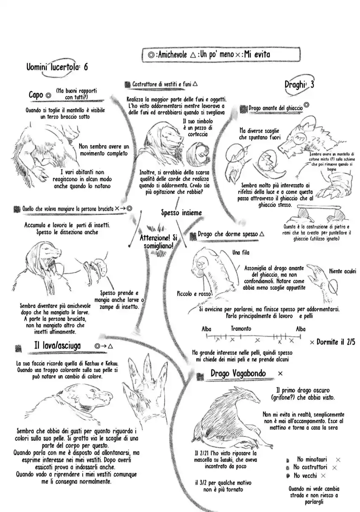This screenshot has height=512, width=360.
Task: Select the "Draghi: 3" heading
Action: coord(299,84)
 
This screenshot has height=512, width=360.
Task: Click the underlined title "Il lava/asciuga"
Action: coord(57,346)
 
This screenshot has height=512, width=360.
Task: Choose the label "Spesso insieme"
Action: coord(182,212)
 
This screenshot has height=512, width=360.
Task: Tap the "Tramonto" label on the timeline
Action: coord(241,329)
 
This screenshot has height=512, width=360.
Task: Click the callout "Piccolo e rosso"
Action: coord(195,294)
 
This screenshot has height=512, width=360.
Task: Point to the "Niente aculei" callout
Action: coord(344,271)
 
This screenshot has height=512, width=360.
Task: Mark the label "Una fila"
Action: coord(241,253)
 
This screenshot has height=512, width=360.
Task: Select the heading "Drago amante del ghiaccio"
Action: coord(275,108)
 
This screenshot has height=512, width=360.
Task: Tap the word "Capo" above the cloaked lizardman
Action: coord(36,95)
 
